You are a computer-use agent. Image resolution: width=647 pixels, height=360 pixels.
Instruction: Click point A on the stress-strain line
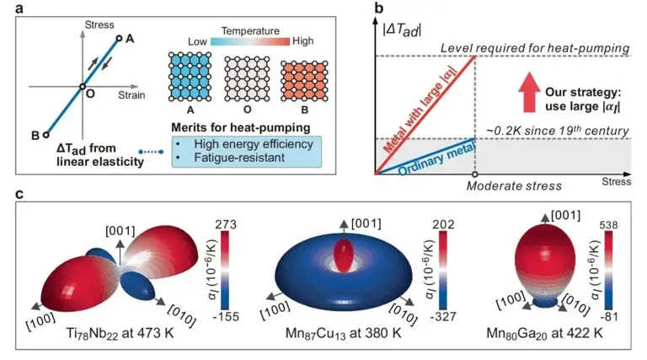(x=120, y=37)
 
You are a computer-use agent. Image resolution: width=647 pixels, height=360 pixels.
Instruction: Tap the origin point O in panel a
(x=82, y=86)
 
